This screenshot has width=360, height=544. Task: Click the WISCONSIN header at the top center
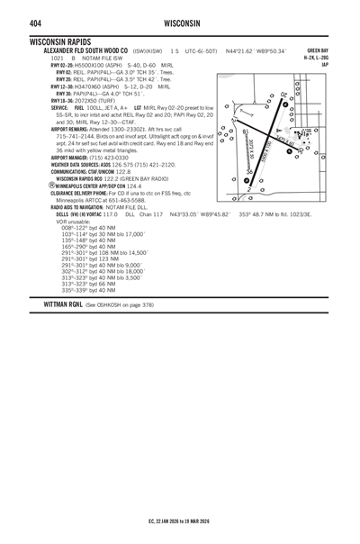click(x=181, y=23)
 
